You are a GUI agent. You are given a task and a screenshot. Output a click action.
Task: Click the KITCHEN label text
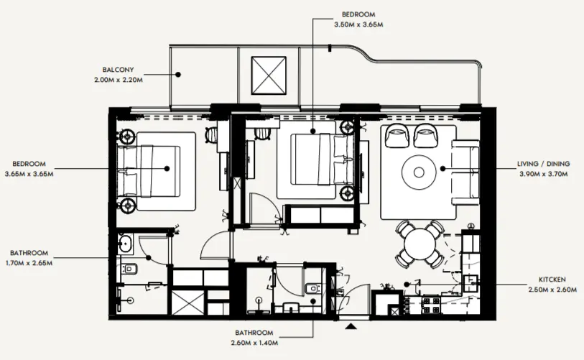click(552, 278)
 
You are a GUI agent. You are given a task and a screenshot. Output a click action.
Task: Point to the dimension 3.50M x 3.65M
click(358, 24)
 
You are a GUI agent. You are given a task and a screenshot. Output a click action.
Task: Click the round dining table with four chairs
click(420, 244)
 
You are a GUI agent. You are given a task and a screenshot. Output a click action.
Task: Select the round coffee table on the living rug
click(419, 171)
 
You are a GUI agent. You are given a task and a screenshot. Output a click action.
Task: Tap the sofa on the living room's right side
click(465, 171)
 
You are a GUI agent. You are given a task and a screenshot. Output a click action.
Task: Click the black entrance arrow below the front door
click(351, 327)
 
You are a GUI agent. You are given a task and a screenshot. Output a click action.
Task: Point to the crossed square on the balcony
click(269, 74)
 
